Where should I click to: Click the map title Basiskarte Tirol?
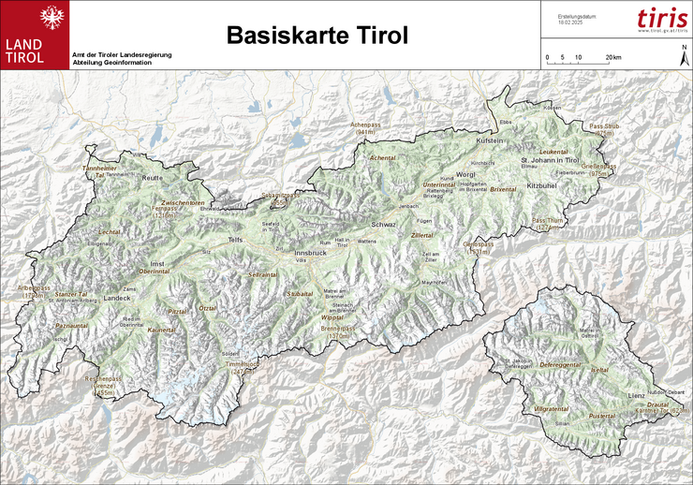tap(317, 36)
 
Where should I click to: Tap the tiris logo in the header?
tap(661, 19)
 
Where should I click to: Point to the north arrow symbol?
tap(683, 55)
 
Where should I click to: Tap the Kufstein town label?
tap(491, 140)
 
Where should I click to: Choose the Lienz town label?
tap(636, 398)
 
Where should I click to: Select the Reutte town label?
tap(153, 177)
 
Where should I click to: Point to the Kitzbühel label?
tap(542, 187)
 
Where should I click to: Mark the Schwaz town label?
tap(385, 226)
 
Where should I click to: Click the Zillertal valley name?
tap(422, 236)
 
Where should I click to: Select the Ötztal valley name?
tap(208, 308)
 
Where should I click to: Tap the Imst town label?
tap(157, 264)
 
